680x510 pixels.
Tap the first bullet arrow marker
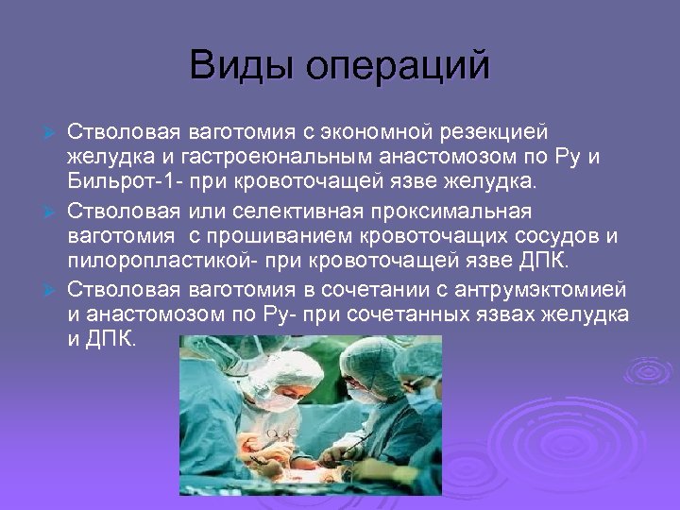pyautogui.click(x=54, y=131)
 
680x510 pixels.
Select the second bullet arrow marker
pyautogui.click(x=54, y=210)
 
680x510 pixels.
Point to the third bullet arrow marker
pyautogui.click(x=54, y=288)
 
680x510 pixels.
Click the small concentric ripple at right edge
pyautogui.click(x=650, y=369)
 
